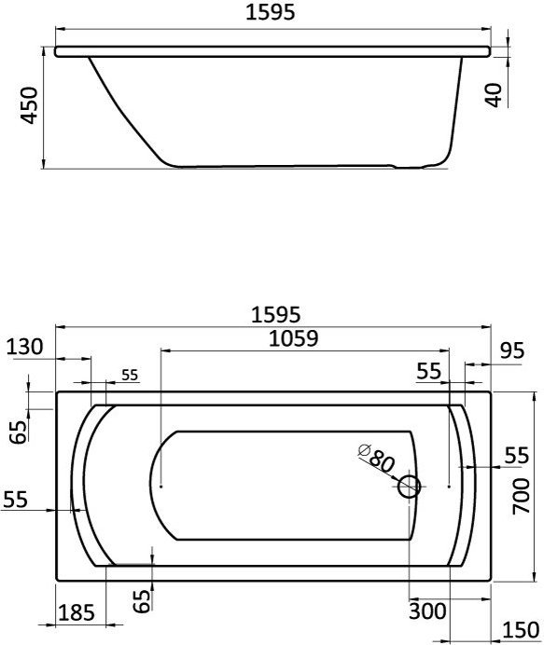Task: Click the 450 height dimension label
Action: pos(29,105)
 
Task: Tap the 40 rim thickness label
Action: pos(494,95)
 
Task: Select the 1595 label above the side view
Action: pos(271,12)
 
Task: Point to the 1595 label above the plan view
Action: pos(276,315)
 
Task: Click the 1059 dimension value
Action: pos(294,339)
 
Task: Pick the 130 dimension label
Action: pos(24,347)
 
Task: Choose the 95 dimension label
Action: pos(512,350)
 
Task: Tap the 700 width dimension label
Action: pos(521,496)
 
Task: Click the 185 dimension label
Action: pos(77,613)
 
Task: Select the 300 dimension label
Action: pos(427,611)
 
